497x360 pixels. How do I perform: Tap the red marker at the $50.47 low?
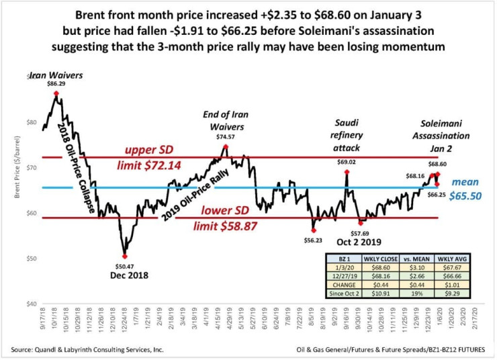tap(124, 256)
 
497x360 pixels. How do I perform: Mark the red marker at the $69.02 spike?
tap(347, 172)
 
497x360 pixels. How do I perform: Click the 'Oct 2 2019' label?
tap(369, 242)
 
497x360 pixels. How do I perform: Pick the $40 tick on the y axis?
tap(32, 304)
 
